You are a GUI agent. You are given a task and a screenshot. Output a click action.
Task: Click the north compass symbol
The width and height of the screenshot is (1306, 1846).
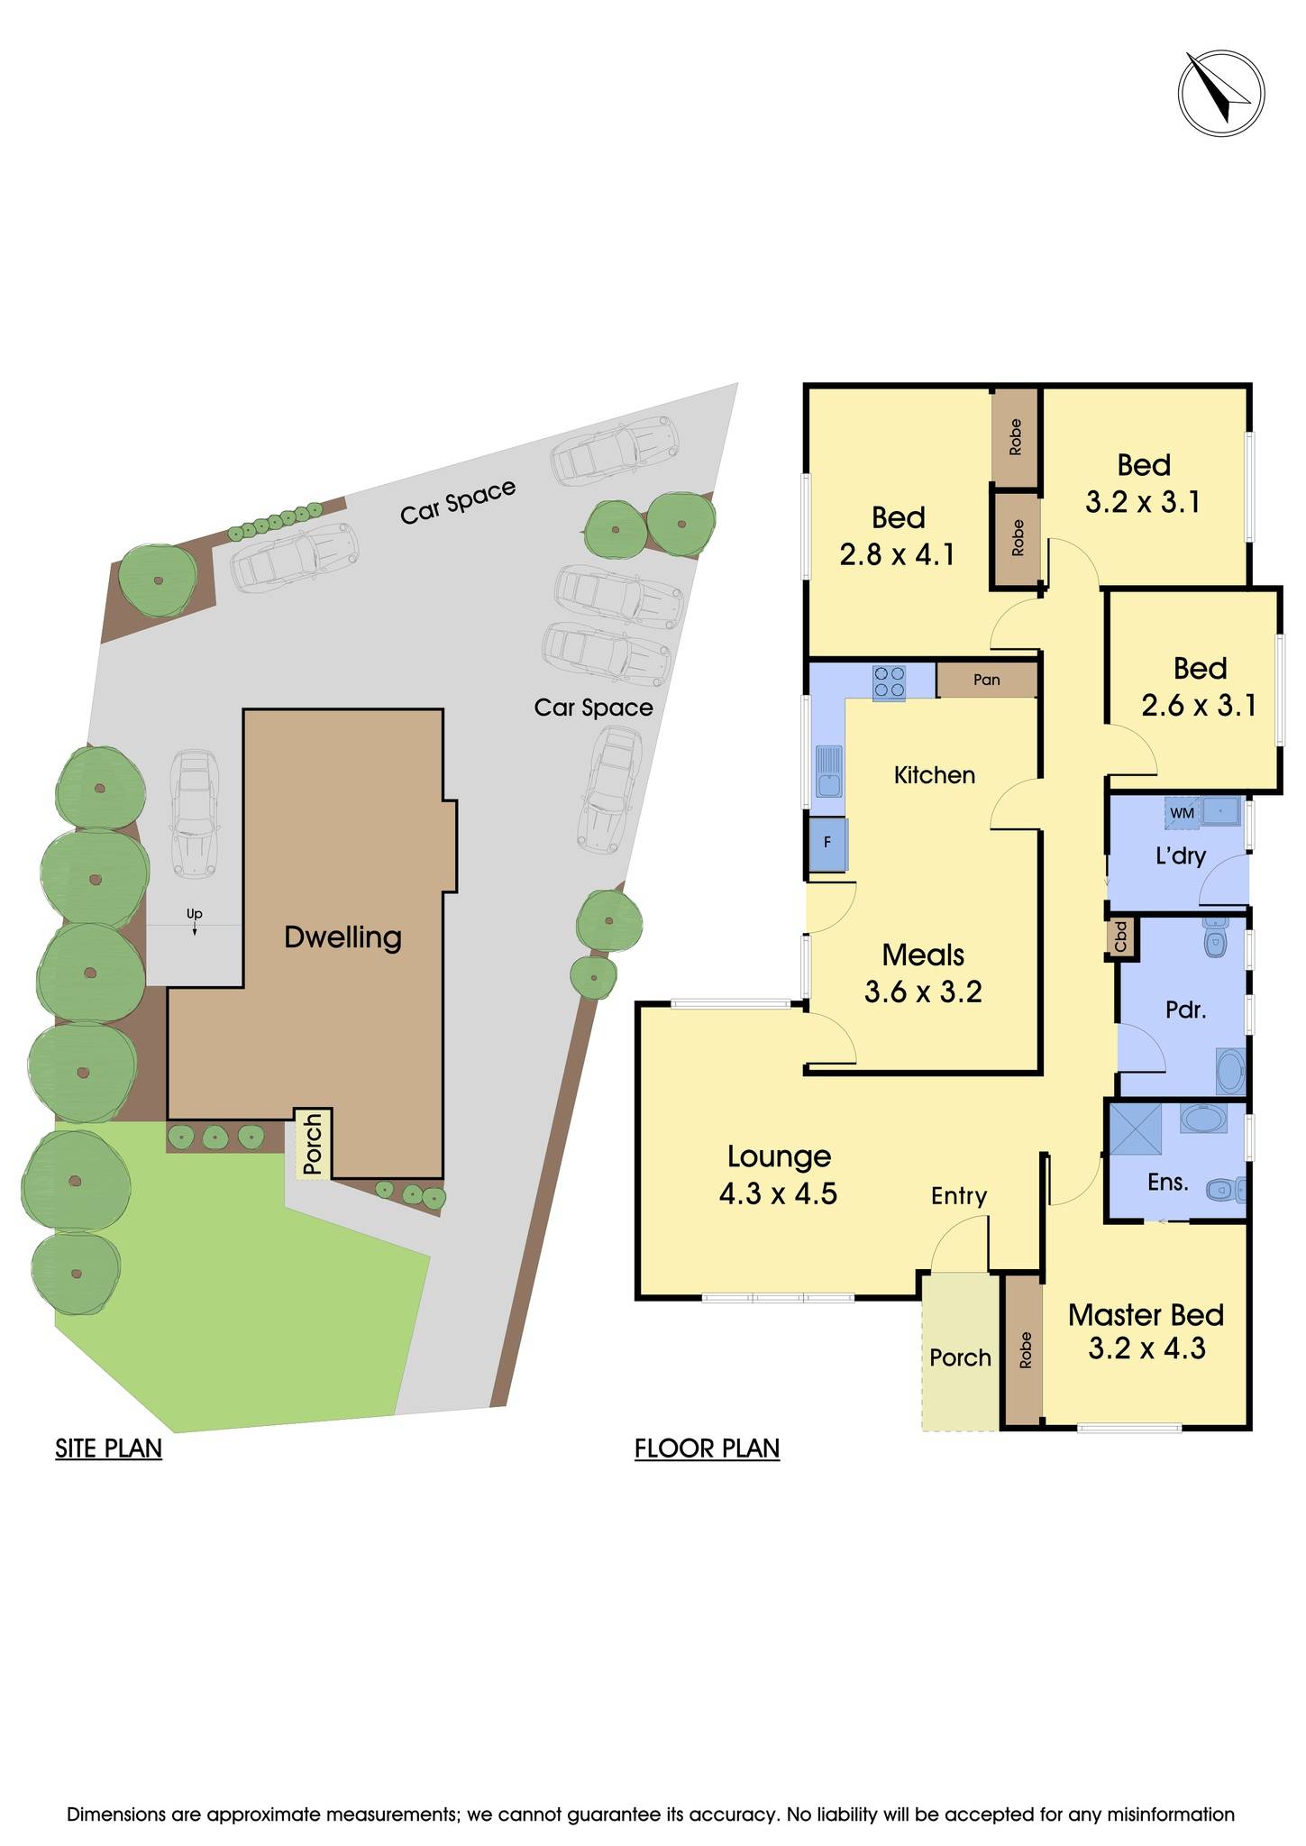(1220, 94)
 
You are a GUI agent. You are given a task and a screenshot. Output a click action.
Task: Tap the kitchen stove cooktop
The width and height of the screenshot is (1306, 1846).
(889, 681)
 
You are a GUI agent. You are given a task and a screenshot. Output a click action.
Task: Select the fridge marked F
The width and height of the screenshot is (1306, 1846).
(827, 844)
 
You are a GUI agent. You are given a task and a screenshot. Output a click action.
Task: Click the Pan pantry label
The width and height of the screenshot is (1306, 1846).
(986, 680)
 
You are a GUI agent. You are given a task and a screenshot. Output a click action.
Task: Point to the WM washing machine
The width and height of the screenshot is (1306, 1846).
(1181, 813)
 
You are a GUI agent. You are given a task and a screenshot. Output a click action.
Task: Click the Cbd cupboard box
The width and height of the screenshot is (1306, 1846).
(1120, 937)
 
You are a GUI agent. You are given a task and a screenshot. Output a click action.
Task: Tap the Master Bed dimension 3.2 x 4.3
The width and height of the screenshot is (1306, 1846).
(1146, 1348)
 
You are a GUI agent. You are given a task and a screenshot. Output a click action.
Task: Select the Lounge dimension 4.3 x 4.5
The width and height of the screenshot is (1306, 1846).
(778, 1193)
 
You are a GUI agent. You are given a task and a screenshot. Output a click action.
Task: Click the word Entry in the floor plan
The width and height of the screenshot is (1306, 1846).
(959, 1195)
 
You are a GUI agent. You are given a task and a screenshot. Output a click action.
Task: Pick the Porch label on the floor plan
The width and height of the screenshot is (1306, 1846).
(960, 1357)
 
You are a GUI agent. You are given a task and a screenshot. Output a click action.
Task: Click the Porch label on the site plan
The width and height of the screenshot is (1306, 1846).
(312, 1145)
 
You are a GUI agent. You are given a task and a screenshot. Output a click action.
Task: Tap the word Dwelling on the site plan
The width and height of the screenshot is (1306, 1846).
(342, 937)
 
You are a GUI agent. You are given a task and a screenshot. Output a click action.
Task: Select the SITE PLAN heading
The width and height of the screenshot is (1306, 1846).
(108, 1448)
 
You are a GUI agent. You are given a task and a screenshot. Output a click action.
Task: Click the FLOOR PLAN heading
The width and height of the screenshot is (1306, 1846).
(707, 1448)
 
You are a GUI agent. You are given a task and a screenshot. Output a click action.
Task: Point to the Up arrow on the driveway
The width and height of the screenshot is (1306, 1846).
(194, 919)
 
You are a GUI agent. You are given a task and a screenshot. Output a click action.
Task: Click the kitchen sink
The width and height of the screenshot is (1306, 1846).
(828, 771)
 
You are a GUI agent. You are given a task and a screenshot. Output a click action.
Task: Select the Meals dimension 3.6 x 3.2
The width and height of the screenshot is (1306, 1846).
(923, 992)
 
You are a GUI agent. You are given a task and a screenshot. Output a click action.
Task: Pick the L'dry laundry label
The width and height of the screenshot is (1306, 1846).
(1180, 855)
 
